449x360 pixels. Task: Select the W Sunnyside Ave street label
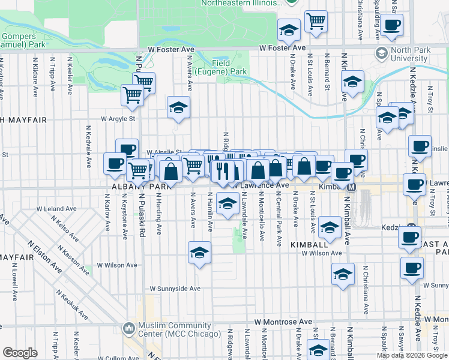click(x=175, y=288)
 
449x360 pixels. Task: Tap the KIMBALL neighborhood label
click(x=309, y=245)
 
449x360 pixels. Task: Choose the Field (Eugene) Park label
click(x=229, y=67)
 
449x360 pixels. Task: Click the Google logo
click(x=20, y=353)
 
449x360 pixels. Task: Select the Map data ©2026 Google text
click(x=412, y=355)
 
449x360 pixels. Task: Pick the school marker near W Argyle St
click(x=178, y=107)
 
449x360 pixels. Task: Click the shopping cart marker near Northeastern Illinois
click(x=315, y=22)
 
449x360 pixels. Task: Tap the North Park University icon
click(x=381, y=53)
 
